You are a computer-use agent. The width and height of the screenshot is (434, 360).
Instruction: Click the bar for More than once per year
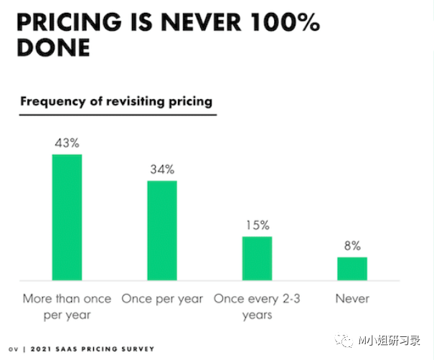coord(67,217)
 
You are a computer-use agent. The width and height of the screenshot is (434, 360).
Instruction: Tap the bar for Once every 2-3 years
coord(257,257)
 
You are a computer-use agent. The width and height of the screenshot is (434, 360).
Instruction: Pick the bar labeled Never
coord(352,267)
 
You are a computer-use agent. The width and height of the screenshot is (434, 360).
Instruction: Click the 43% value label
coord(67,143)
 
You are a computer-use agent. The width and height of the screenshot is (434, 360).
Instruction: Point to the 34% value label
coord(162,169)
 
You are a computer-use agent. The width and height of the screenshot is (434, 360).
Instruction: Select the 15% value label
coord(257,224)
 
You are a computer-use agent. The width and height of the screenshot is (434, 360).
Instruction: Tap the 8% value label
coord(352,245)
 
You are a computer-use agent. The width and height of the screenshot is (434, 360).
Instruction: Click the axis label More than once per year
coord(67,306)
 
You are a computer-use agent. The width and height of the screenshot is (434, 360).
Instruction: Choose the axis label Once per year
coord(162,298)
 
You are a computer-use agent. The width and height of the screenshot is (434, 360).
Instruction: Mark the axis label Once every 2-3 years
coord(258,306)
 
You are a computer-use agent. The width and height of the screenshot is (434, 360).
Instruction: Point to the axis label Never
coord(352,298)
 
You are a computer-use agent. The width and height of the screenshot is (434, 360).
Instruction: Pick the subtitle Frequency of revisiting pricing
coord(116,101)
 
